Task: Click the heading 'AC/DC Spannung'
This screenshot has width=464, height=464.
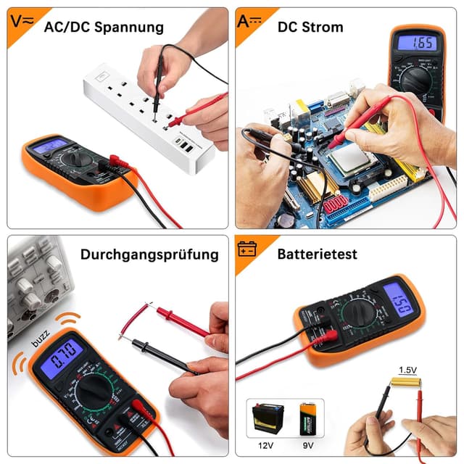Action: tap(104, 28)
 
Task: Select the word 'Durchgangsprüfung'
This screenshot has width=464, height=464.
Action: tap(149, 254)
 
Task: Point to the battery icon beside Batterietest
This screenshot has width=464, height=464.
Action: tap(247, 249)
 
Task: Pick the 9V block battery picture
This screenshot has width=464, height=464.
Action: tap(308, 420)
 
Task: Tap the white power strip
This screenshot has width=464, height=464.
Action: tap(149, 112)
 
